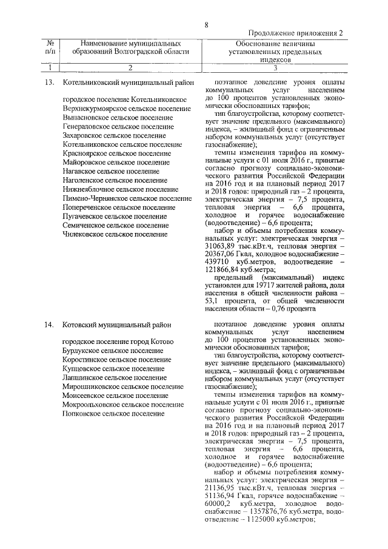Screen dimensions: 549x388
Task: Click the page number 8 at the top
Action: point(206,25)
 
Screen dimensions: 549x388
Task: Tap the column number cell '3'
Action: point(276,67)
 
